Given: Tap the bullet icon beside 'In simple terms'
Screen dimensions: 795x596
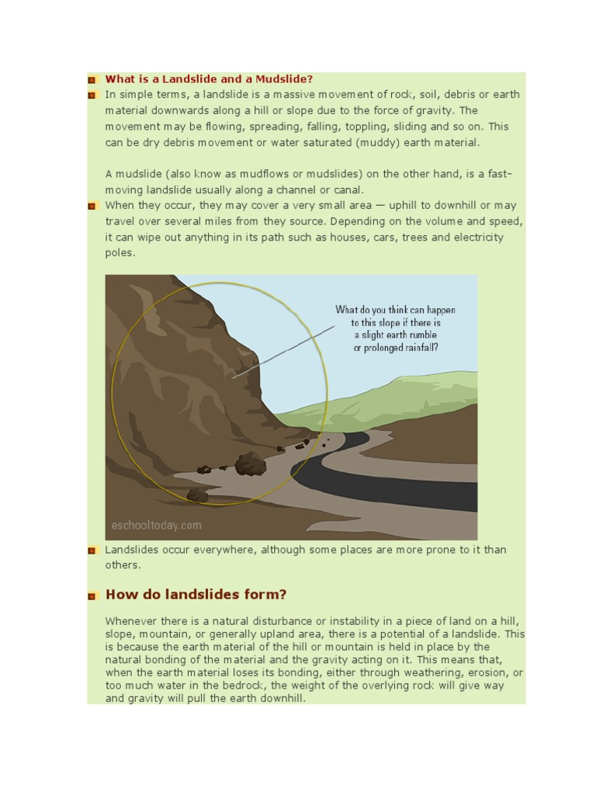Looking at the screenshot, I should click(x=92, y=95).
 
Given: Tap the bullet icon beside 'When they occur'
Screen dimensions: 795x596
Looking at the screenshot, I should click(x=92, y=207).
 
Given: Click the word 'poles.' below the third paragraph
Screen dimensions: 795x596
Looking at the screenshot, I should click(x=120, y=253).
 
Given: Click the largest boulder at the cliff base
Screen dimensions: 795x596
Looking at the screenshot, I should click(x=250, y=464).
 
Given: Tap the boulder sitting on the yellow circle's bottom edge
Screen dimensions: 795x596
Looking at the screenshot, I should click(x=197, y=495).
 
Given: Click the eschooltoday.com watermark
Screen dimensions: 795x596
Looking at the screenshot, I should click(x=156, y=526).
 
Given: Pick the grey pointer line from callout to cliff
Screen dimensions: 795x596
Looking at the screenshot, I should click(x=284, y=351).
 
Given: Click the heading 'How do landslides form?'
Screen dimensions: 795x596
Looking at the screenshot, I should click(x=196, y=595).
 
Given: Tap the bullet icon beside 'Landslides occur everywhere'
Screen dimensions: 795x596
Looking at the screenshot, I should click(x=92, y=550).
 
